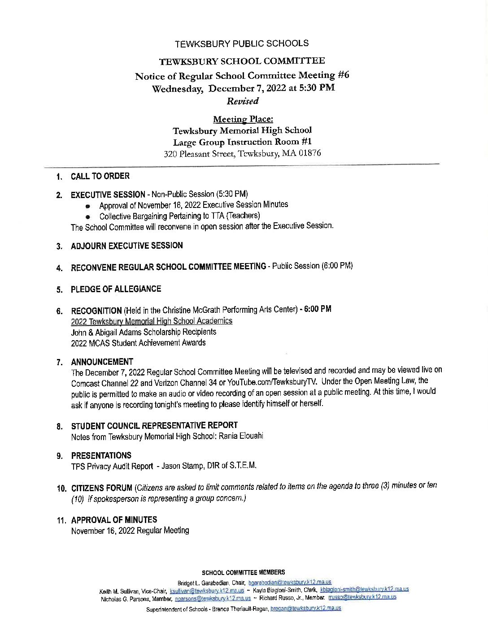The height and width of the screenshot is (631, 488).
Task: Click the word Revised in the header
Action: point(243,101)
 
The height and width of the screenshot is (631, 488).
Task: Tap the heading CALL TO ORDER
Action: point(100,176)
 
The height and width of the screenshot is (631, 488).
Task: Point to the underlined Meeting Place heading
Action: point(243,119)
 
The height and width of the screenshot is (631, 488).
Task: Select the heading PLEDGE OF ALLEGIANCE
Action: point(116,289)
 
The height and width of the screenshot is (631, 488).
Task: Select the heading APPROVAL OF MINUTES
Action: point(114,520)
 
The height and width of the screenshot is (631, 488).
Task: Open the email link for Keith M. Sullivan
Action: point(207,590)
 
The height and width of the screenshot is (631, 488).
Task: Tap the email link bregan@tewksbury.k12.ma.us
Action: point(306,609)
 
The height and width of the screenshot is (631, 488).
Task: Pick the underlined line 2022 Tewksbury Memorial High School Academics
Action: point(152,321)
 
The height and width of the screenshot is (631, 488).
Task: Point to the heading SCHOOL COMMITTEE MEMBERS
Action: point(244,572)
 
